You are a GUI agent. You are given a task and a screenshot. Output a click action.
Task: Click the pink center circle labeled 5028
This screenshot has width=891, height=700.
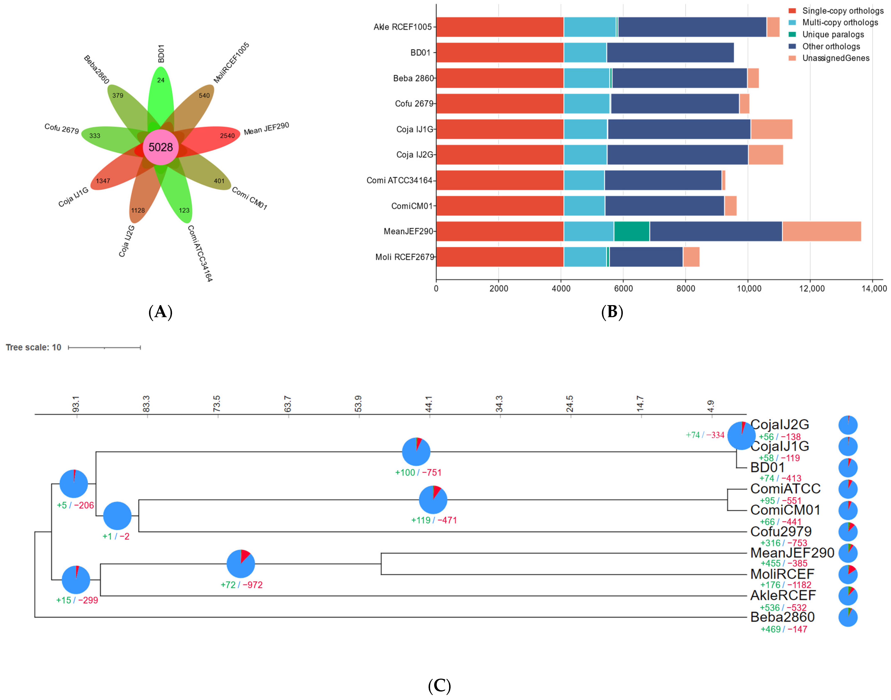click(x=161, y=147)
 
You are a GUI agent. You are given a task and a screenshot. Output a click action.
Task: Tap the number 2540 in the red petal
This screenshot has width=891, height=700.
click(x=227, y=136)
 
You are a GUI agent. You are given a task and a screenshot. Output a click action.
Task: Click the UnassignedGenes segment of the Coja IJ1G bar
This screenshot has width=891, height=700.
click(x=771, y=129)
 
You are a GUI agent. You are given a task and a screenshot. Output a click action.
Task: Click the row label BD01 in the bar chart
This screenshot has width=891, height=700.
click(x=421, y=52)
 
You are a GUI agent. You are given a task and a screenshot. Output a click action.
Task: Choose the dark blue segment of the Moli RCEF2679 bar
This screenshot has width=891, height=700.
click(x=646, y=257)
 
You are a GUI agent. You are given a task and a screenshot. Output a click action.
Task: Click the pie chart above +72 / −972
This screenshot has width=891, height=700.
click(x=241, y=564)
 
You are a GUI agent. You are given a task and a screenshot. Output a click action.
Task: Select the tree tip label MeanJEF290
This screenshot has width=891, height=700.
click(x=792, y=553)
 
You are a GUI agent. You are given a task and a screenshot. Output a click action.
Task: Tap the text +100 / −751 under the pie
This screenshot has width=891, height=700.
click(x=418, y=473)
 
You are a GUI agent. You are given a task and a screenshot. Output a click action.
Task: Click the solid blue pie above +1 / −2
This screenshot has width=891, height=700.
click(x=117, y=516)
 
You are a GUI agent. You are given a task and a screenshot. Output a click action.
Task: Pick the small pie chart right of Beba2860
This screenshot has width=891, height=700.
click(x=847, y=617)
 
